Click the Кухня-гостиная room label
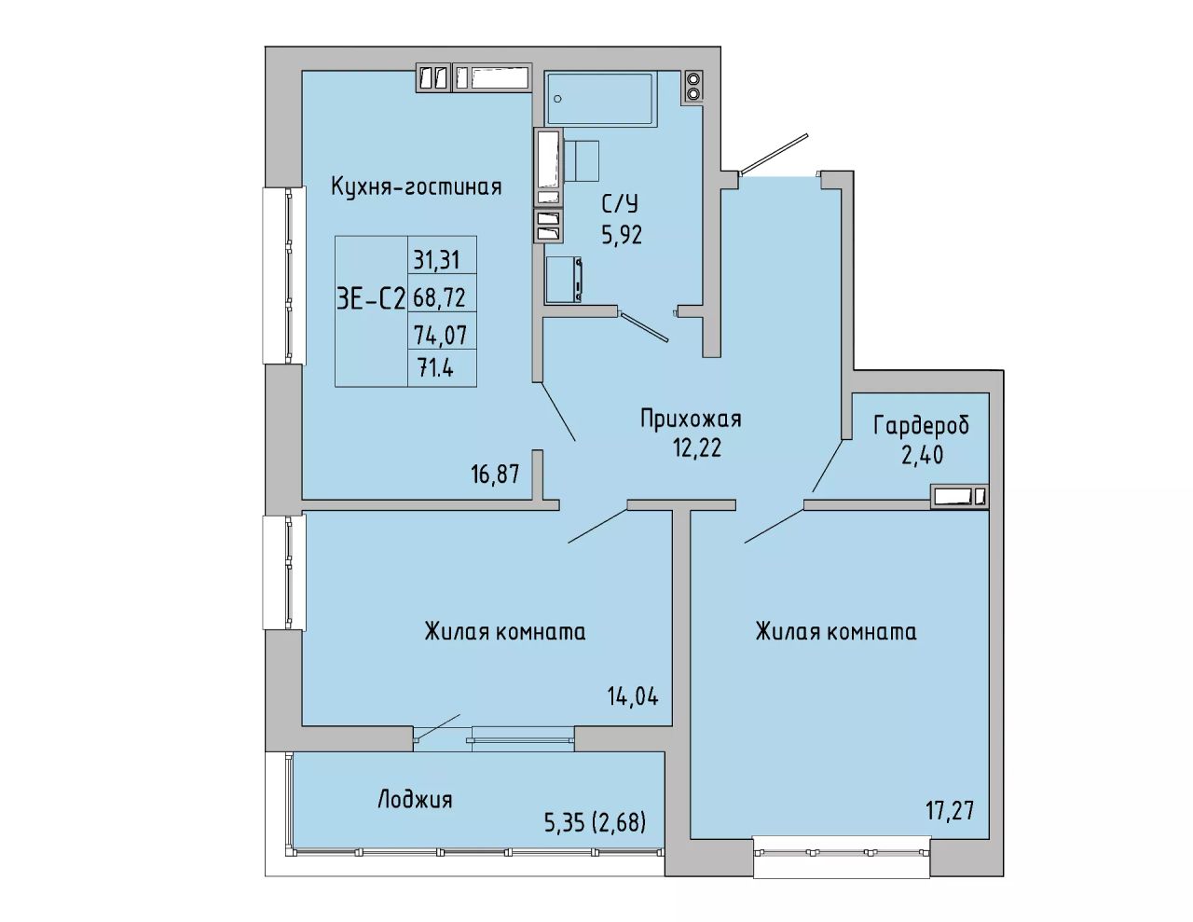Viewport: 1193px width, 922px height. tap(416, 187)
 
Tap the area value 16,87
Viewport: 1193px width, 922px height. tap(495, 475)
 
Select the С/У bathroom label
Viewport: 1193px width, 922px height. tap(621, 205)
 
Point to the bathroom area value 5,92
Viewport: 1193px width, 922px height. tap(622, 235)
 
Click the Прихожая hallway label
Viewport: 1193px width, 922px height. tap(691, 419)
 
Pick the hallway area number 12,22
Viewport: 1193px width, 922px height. tap(697, 448)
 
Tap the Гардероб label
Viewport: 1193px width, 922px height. tap(922, 426)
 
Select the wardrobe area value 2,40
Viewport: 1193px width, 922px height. tap(922, 455)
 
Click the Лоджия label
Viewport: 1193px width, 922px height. tap(415, 800)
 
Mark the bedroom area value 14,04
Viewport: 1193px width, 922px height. tap(633, 696)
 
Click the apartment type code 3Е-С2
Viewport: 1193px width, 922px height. tap(371, 299)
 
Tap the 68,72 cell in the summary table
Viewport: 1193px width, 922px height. tap(439, 297)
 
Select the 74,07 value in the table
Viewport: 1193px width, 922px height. tap(440, 335)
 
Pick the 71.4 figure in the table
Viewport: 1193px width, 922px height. tap(436, 366)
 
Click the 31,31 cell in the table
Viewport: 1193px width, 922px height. tap(436, 260)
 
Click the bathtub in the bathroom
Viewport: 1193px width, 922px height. tap(599, 98)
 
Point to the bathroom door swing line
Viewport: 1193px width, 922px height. tap(644, 327)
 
